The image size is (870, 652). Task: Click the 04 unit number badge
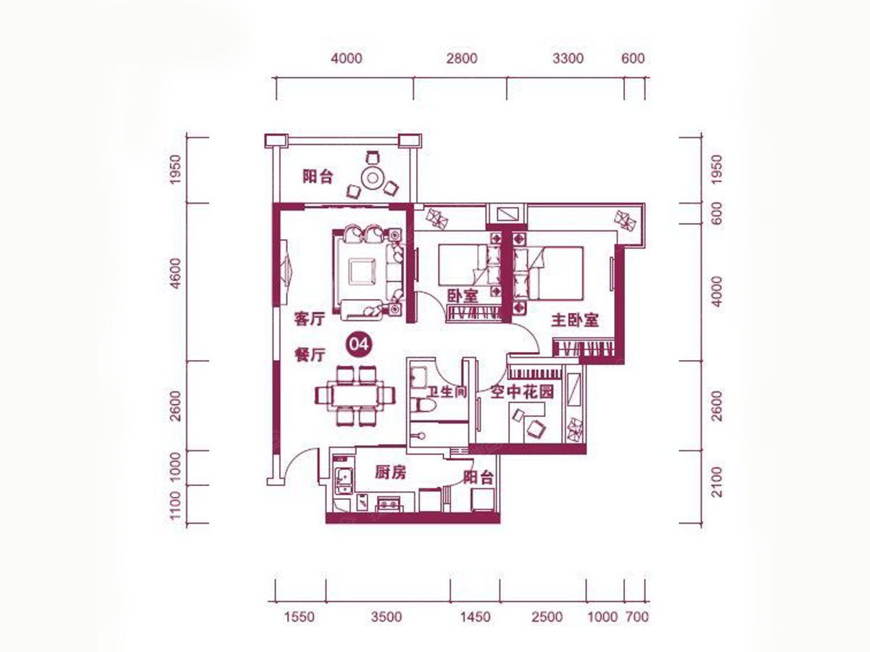(359, 345)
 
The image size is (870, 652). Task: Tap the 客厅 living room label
(310, 319)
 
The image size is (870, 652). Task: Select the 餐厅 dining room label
(310, 355)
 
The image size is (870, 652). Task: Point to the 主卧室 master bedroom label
(575, 320)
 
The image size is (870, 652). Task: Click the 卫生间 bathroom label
(447, 392)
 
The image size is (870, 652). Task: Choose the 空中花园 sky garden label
(521, 392)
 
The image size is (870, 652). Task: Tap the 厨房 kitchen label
(390, 472)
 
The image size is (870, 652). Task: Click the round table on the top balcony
(372, 178)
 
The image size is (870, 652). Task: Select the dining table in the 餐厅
(355, 395)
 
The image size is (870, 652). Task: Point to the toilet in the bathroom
(423, 405)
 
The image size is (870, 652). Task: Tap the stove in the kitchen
(389, 504)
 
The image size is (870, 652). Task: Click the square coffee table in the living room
(362, 271)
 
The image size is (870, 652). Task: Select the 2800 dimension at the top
(462, 59)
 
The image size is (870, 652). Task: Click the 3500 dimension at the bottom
(387, 617)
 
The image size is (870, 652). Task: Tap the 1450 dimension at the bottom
(475, 617)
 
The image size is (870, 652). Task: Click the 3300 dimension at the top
(568, 59)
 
